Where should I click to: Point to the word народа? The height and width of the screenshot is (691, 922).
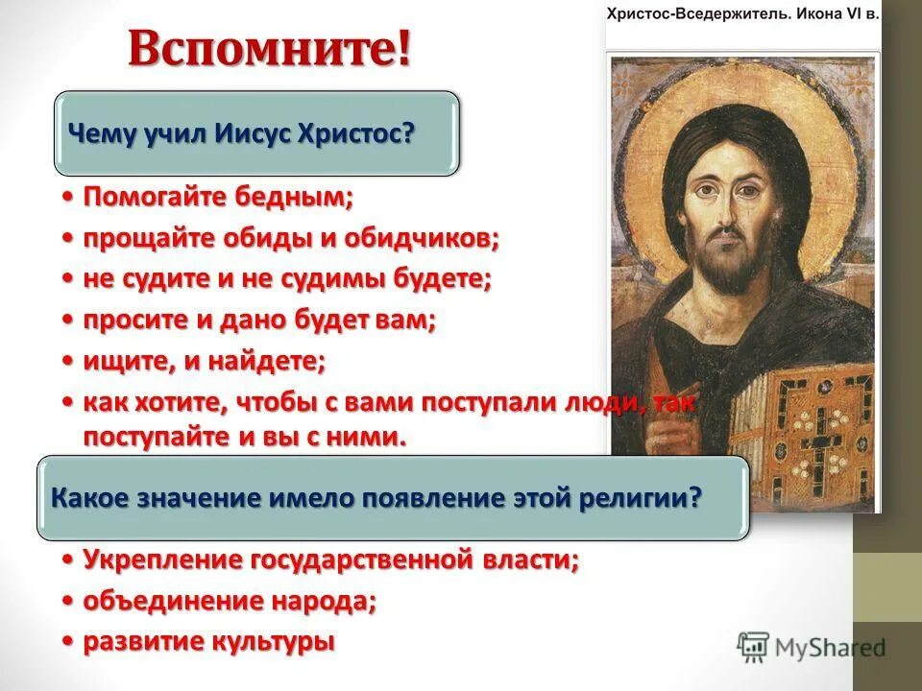click(x=323, y=601)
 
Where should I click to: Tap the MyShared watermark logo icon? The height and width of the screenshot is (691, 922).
click(x=754, y=646)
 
